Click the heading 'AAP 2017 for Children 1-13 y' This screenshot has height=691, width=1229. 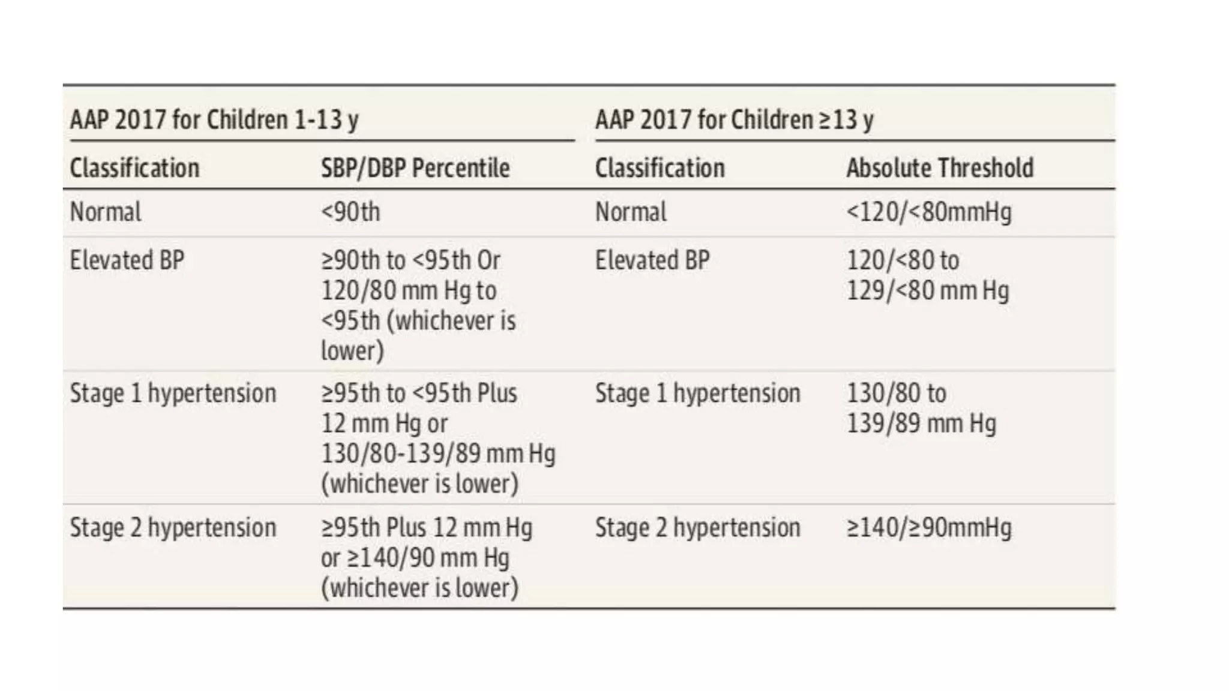(x=214, y=119)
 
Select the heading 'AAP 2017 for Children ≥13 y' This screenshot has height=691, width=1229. (x=734, y=119)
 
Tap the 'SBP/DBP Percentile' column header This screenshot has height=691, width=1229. (x=415, y=168)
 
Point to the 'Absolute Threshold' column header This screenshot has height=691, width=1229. (x=939, y=168)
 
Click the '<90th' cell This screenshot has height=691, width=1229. (x=350, y=212)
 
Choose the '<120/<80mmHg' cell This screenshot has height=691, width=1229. (x=928, y=212)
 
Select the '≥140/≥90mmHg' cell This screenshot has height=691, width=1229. (x=928, y=528)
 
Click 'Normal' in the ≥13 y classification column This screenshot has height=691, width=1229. (x=630, y=212)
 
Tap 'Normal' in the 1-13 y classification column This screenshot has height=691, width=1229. (x=105, y=212)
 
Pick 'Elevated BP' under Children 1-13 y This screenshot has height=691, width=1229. (x=127, y=260)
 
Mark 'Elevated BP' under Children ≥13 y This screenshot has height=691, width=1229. (x=652, y=260)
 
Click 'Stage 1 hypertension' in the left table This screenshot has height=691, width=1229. (x=173, y=393)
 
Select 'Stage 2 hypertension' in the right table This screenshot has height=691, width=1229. (x=697, y=528)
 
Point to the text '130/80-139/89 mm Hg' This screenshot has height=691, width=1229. (x=437, y=453)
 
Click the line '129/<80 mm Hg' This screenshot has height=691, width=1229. (x=927, y=290)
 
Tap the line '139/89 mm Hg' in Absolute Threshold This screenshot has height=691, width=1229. (x=921, y=423)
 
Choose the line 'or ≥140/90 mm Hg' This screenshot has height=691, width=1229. (x=414, y=558)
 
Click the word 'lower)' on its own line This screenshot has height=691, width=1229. (x=352, y=351)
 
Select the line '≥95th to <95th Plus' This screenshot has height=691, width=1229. (x=418, y=393)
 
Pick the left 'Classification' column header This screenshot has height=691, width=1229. (x=134, y=168)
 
